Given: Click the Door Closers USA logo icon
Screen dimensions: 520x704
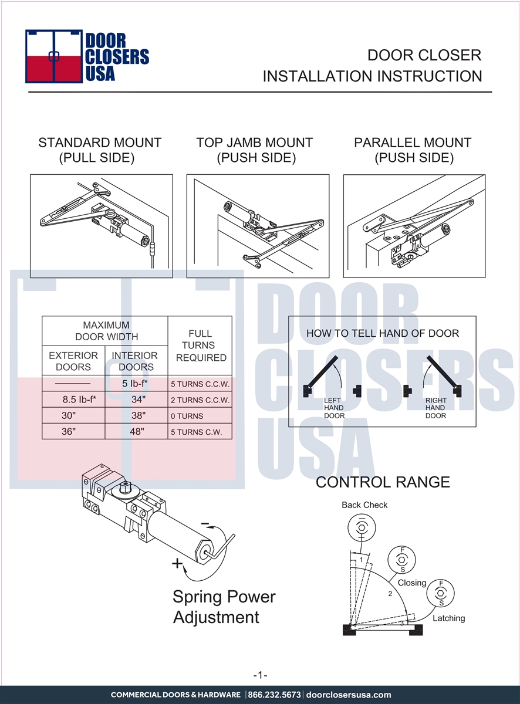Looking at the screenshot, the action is [x=54, y=56].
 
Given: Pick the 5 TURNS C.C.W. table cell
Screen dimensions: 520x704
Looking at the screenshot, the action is [x=200, y=384].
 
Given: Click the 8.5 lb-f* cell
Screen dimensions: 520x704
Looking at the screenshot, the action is [x=79, y=400].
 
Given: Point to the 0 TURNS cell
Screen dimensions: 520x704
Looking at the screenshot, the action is [x=187, y=416].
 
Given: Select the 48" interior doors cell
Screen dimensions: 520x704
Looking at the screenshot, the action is [x=137, y=431].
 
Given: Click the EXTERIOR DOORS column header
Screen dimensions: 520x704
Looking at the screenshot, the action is [x=73, y=361].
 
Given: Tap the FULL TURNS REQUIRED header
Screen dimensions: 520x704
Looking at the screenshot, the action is [x=201, y=346].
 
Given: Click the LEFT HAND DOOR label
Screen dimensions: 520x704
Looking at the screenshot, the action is [x=334, y=408].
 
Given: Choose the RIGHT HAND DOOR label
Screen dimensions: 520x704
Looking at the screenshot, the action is [x=436, y=408].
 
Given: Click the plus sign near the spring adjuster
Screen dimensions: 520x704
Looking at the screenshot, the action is [x=177, y=563].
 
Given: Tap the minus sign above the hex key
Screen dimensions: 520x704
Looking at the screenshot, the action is [x=205, y=523].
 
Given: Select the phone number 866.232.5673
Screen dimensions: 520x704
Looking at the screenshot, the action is [x=274, y=695].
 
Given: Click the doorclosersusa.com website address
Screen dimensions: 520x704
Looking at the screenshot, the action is [x=349, y=695].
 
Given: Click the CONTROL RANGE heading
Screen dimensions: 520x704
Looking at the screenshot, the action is [x=383, y=482].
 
